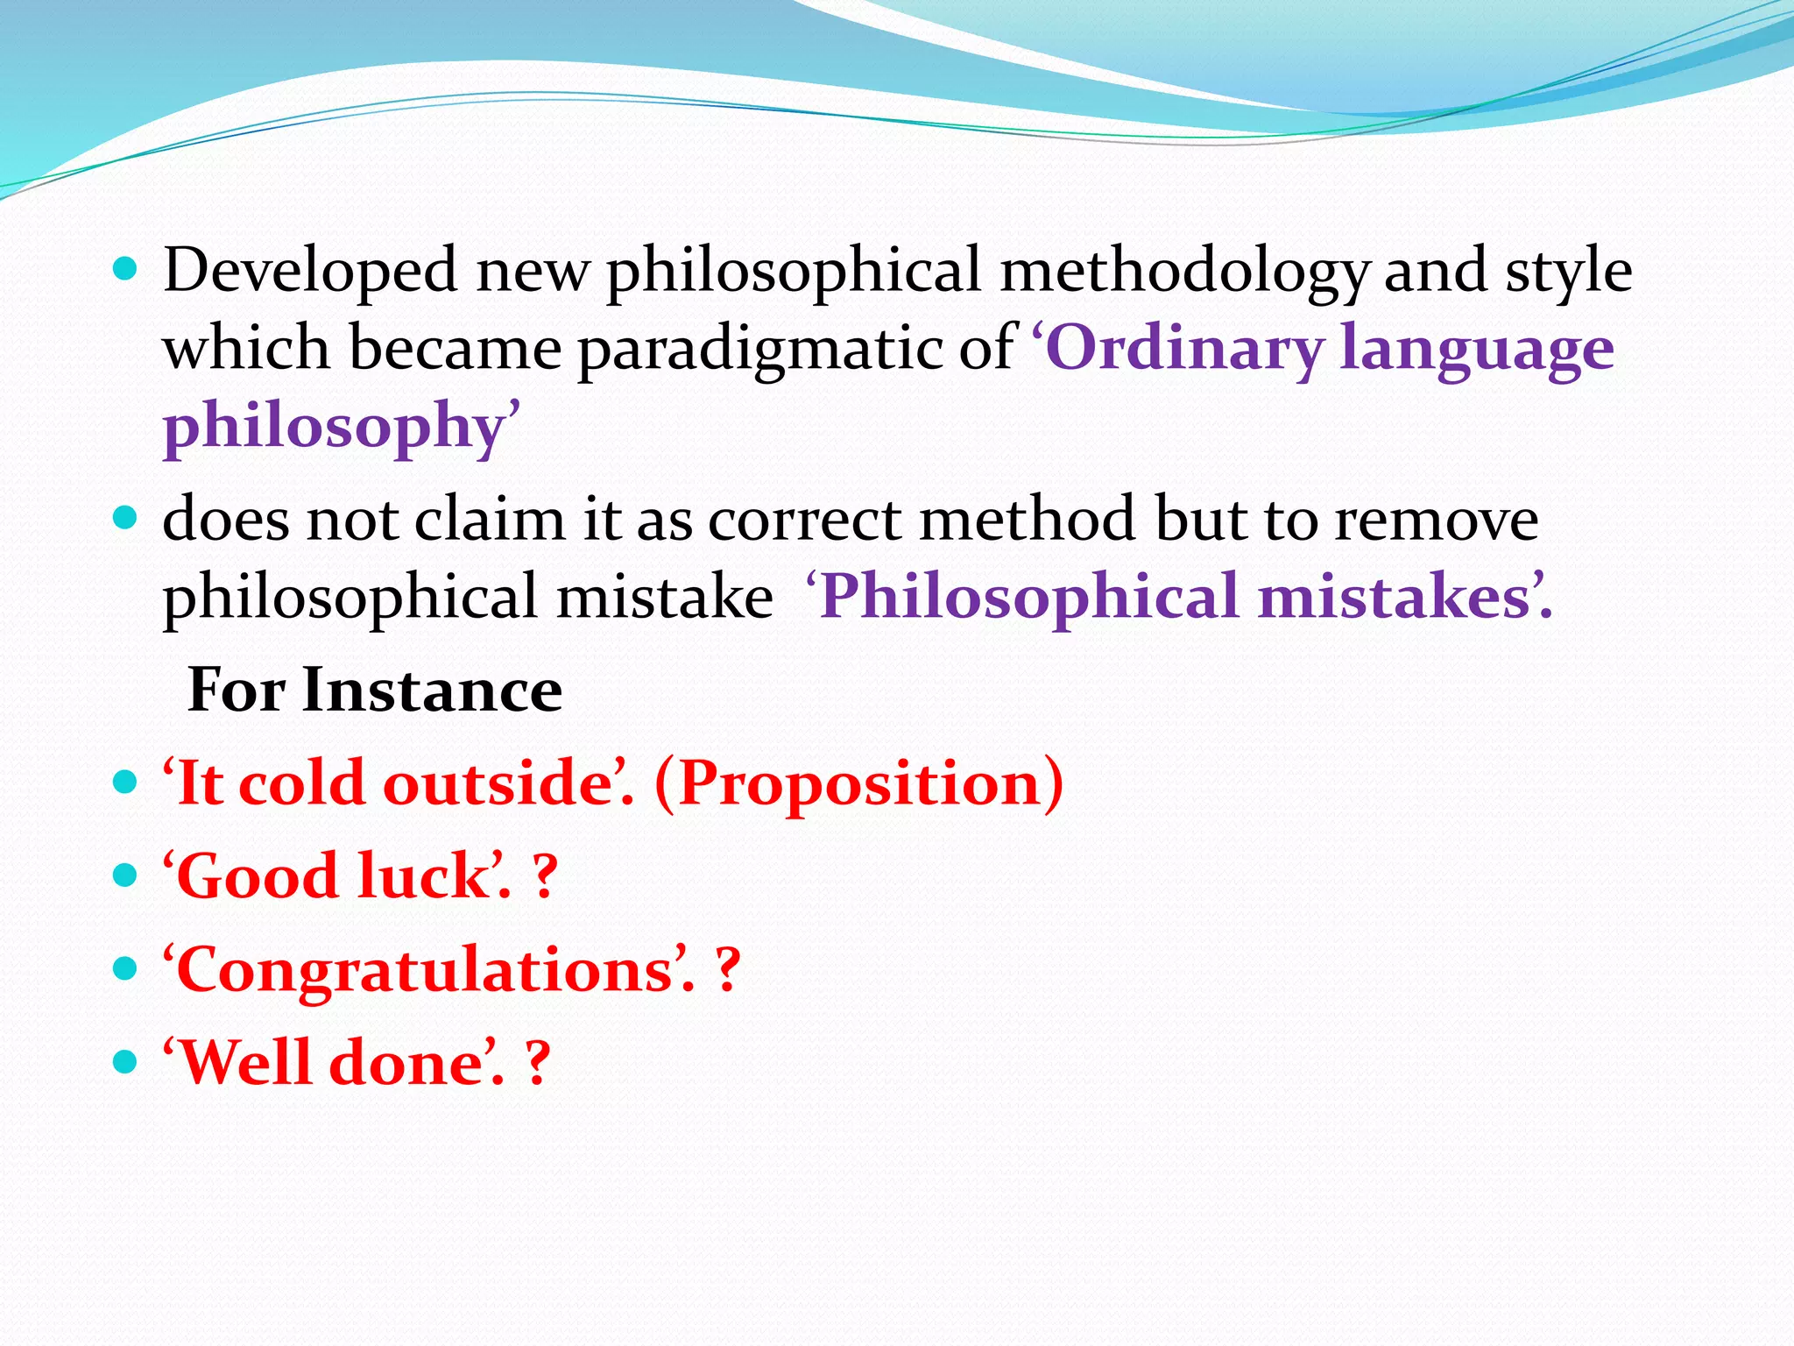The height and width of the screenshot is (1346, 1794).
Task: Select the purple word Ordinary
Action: pyautogui.click(x=1184, y=349)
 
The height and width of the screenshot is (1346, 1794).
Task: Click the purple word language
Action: pyautogui.click(x=1477, y=349)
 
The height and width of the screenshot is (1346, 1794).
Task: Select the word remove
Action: pyautogui.click(x=1436, y=520)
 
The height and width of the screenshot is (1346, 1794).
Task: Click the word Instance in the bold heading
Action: pyautogui.click(x=432, y=691)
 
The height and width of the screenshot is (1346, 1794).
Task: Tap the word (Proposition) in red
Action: pyautogui.click(x=858, y=783)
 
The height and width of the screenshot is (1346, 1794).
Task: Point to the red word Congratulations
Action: pyautogui.click(x=425, y=971)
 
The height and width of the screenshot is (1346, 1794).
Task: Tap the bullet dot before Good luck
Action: pyautogui.click(x=126, y=875)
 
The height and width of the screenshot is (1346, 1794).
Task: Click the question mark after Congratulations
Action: pyautogui.click(x=727, y=970)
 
